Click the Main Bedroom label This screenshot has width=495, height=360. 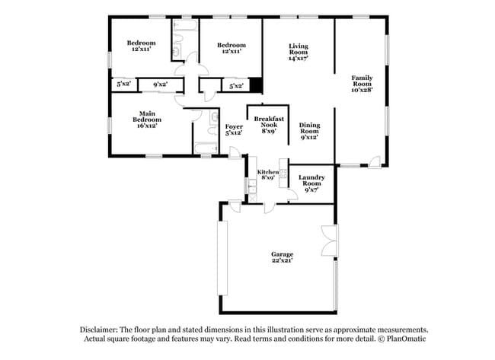[x=148, y=116]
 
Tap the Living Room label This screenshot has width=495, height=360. [x=298, y=47]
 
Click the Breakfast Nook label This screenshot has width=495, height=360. [x=270, y=119]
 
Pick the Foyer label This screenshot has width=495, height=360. [x=234, y=126]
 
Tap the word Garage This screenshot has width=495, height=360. [x=283, y=253]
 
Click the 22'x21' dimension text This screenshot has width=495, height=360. [x=283, y=260]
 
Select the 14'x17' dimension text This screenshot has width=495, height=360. [x=298, y=58]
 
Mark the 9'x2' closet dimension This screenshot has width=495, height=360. [x=160, y=85]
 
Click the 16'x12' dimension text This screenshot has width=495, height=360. [x=148, y=126]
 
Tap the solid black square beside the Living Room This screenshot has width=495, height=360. [x=257, y=85]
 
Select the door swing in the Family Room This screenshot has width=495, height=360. [x=374, y=160]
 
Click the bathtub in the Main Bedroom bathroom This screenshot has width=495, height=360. [x=206, y=147]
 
